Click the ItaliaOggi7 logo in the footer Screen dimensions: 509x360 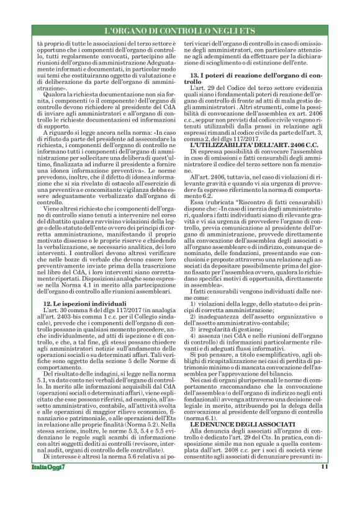[x=48, y=485]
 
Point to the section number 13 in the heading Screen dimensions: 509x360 [x=194, y=74]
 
